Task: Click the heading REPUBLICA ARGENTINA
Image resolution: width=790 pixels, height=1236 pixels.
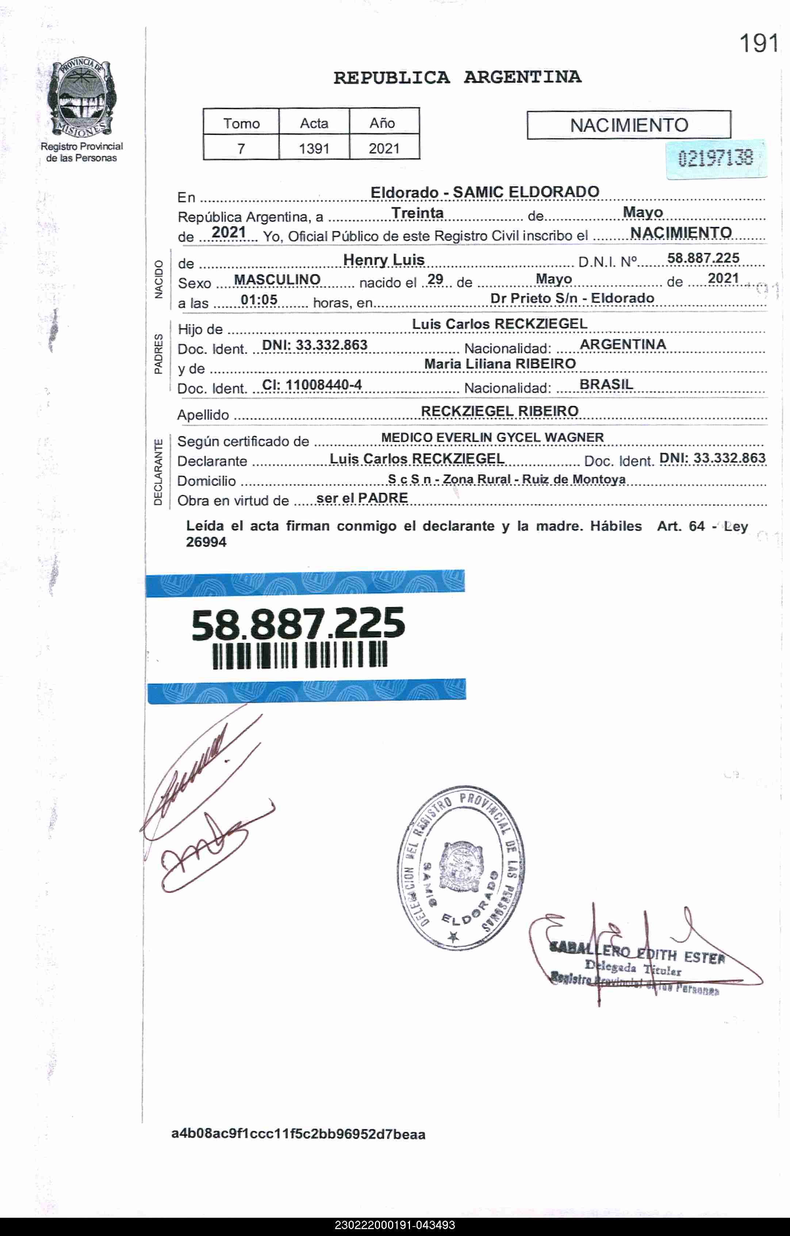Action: tap(457, 77)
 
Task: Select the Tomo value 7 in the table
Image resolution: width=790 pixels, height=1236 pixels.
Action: tap(241, 148)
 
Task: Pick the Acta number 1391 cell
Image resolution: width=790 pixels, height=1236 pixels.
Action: tap(314, 148)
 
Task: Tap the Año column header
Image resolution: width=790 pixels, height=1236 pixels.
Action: tap(382, 123)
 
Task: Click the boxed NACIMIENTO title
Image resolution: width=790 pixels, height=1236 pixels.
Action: tap(629, 125)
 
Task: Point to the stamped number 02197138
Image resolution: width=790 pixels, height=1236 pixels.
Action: tap(716, 158)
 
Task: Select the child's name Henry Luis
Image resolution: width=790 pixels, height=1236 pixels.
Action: tap(384, 260)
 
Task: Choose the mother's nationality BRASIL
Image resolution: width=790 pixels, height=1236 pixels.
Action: tap(606, 385)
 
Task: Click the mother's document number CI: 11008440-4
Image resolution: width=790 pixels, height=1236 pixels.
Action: tap(312, 385)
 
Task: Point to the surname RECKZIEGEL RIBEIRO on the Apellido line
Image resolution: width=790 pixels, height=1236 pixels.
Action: tap(499, 411)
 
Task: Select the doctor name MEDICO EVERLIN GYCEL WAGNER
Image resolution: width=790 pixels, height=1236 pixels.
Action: tap(492, 437)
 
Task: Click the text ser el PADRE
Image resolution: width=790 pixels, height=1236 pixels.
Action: tap(362, 498)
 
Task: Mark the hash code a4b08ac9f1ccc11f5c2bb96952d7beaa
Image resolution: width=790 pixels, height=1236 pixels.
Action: tap(298, 1134)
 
